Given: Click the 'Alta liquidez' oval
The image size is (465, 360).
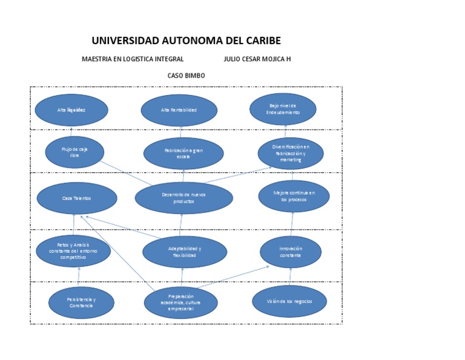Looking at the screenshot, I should coord(71,110).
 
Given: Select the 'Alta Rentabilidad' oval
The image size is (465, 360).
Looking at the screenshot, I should coord(179,110).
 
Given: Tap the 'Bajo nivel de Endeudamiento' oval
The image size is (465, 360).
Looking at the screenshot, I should coord(283,109).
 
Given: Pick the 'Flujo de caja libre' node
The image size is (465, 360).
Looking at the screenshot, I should coord(74,152).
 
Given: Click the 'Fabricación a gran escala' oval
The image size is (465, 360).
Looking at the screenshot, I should coord(183,153).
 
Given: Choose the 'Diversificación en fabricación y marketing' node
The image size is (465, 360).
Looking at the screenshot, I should coord(291,153).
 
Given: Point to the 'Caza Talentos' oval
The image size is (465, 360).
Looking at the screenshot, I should coord(76,198).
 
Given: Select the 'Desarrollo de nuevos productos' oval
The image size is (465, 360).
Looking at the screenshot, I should coord(183,198).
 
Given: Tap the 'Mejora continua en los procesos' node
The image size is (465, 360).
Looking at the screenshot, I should coord(294,196).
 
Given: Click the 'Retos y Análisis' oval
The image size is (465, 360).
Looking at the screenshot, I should coord(73,251).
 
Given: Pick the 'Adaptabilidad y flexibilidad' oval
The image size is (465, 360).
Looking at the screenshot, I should coord(185,252).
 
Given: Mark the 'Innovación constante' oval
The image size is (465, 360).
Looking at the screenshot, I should coord(291,252).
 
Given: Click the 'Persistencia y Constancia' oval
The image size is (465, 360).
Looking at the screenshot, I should coord(81,302).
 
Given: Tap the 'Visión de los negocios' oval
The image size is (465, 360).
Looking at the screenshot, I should coord(289,301).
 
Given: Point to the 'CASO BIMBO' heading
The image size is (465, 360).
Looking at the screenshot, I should coord(186,76).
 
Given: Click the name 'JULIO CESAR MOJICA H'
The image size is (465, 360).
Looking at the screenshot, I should coord(257,59).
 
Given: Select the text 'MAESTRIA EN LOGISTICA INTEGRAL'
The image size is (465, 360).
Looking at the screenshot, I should coord(133,59).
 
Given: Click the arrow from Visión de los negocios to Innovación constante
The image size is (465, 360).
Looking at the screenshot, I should coord(291,276).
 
